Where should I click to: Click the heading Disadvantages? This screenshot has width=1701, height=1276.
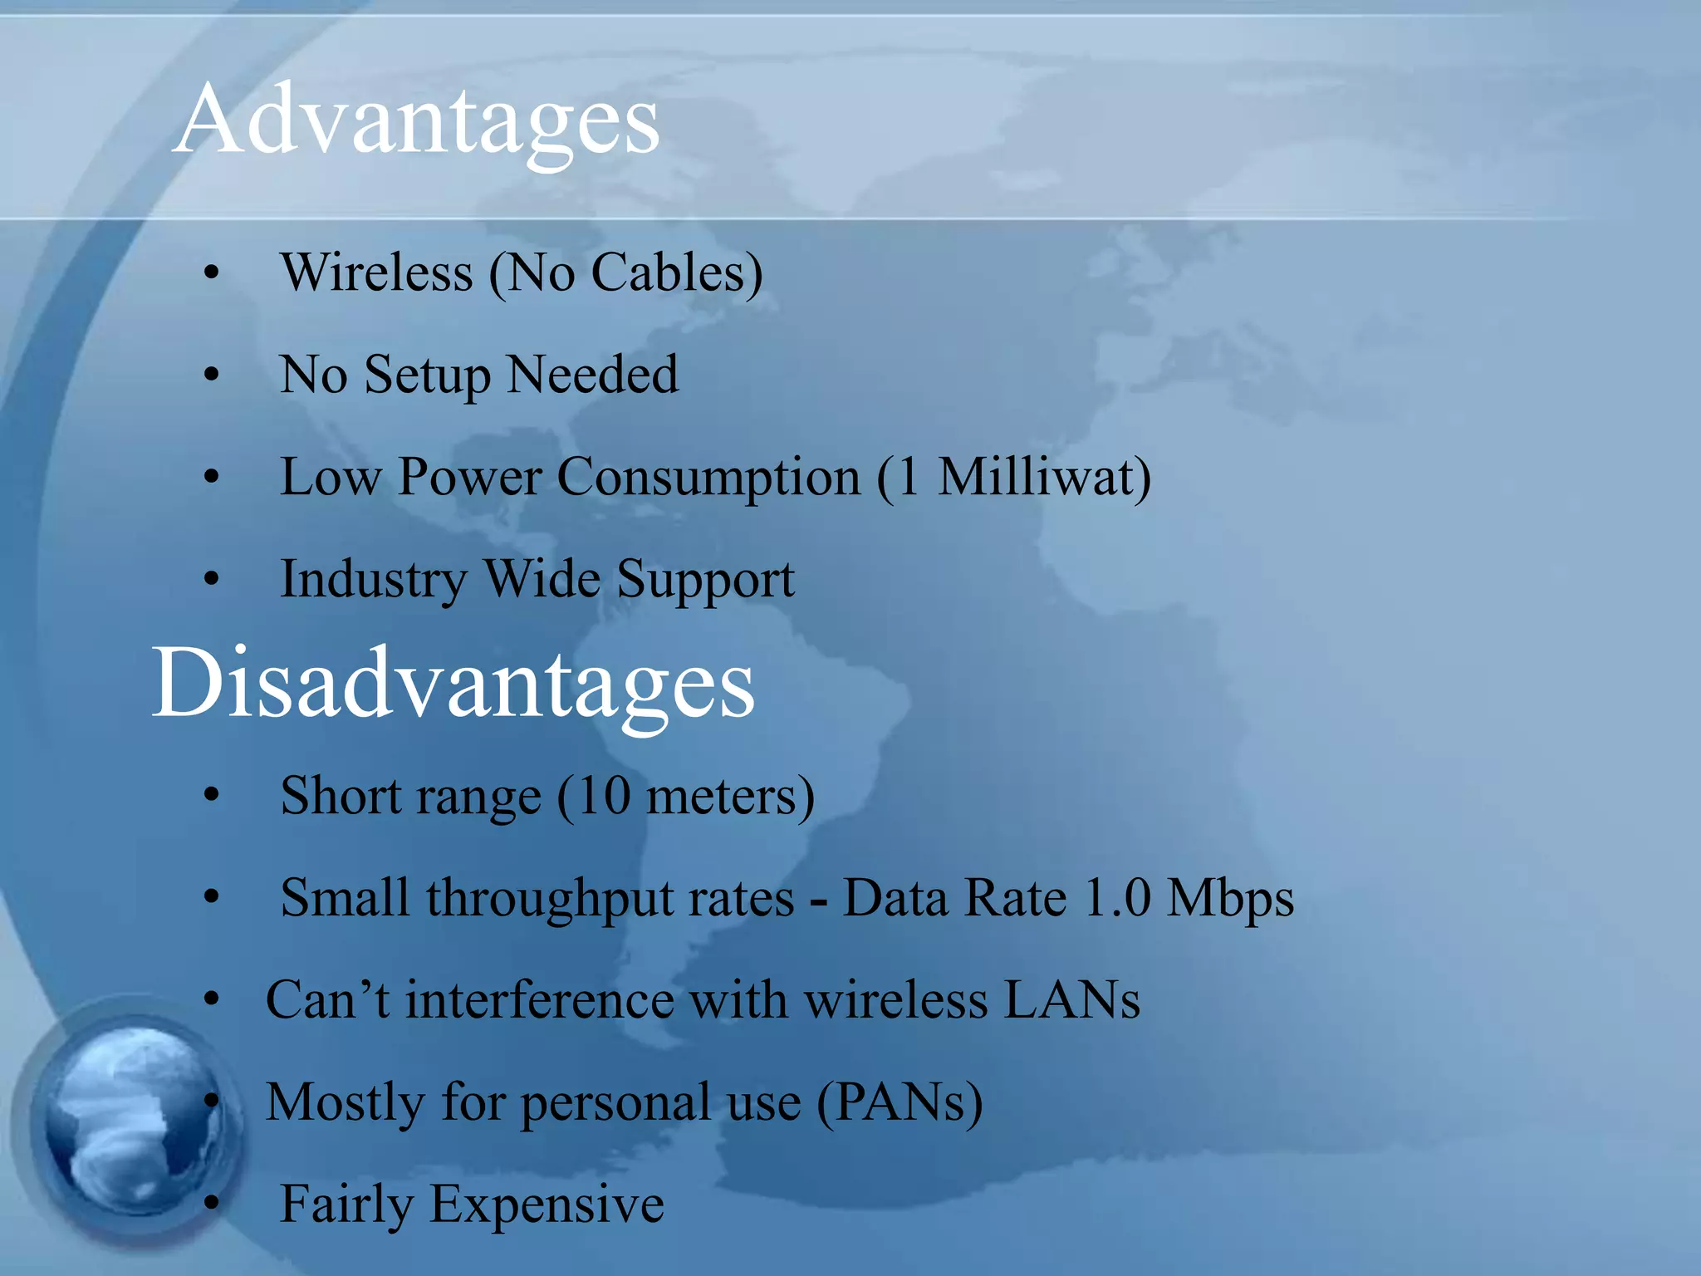pos(453,684)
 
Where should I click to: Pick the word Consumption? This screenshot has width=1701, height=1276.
pos(708,479)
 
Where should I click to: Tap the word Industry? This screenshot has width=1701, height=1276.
pos(373,580)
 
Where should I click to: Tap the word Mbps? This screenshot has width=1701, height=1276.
pos(1230,900)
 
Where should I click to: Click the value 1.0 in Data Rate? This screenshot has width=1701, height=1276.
pos(1118,898)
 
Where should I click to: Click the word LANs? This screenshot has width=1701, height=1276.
pos(1071,999)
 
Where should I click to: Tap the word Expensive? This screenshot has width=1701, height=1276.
pos(547,1205)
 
